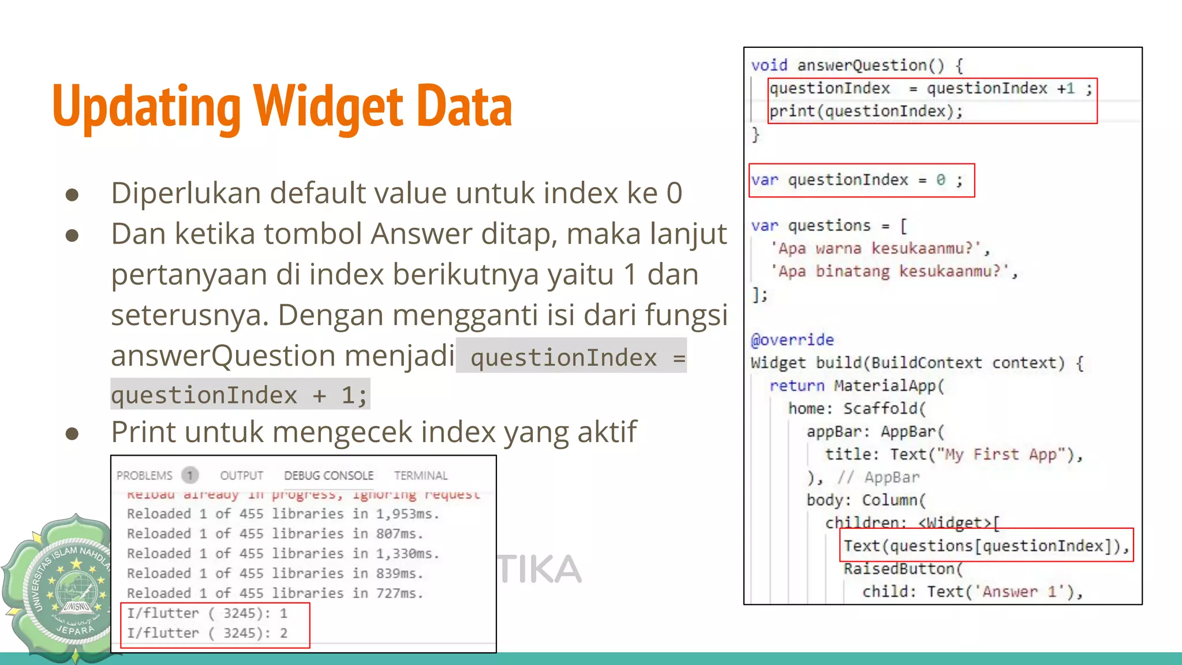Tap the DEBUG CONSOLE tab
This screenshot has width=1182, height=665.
[x=328, y=476]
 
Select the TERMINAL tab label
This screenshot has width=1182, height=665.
[x=421, y=476]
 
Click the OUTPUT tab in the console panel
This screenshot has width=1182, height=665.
[x=241, y=476]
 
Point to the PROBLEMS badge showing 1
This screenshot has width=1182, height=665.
[x=189, y=476]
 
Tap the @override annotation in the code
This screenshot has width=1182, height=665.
[x=792, y=340]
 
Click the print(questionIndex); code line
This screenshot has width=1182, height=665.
[x=866, y=111]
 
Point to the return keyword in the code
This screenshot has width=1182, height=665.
[x=796, y=386]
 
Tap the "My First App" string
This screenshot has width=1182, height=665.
[x=1003, y=455]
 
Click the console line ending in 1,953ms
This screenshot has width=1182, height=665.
[x=283, y=514]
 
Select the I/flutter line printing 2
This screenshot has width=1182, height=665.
[x=207, y=633]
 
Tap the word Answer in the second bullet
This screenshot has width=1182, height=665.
[x=422, y=234]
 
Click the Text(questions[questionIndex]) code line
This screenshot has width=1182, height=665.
[x=984, y=546]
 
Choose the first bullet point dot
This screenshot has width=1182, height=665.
[x=72, y=195]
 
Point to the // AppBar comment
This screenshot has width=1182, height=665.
[x=878, y=477]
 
